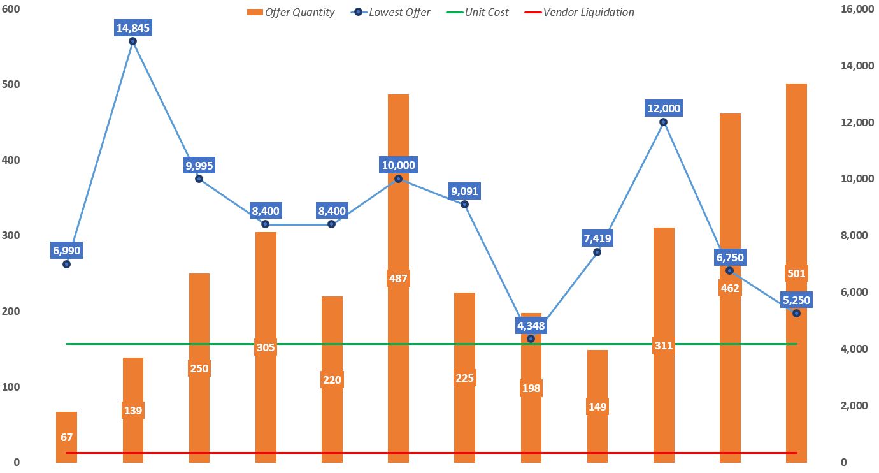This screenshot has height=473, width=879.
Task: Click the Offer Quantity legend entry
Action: tap(290, 12)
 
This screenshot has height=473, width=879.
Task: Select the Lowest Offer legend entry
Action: tap(391, 12)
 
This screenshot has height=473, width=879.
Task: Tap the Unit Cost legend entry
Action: tap(478, 12)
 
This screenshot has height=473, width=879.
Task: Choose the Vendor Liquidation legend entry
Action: tap(579, 12)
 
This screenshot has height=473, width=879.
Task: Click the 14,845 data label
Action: tap(133, 27)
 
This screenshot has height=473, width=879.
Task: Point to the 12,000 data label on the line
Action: tap(664, 108)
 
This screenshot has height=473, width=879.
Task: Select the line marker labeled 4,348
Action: tap(531, 338)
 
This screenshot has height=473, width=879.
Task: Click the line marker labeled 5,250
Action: tap(796, 313)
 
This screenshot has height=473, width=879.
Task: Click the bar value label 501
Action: tap(796, 273)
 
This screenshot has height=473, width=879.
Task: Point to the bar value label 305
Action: tap(266, 347)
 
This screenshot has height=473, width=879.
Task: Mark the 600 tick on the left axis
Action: tap(12, 9)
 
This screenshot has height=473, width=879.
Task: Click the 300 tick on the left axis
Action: tap(12, 236)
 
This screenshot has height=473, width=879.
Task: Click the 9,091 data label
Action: tap(465, 191)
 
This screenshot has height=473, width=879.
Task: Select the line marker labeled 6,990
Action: tap(67, 264)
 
